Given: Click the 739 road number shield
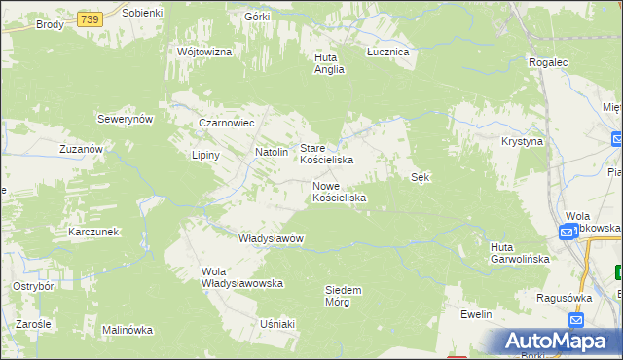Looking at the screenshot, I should (x=90, y=19).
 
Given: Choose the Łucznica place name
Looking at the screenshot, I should (x=387, y=51).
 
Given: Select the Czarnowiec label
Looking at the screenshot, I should (x=226, y=124).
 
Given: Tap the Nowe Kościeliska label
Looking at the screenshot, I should (x=339, y=191).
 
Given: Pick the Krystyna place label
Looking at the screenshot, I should (x=522, y=141).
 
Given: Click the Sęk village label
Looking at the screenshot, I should (x=421, y=177).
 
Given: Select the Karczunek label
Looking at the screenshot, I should (x=93, y=233).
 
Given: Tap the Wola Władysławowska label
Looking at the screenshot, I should (x=240, y=277).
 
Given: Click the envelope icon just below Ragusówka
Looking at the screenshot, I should (x=575, y=320).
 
